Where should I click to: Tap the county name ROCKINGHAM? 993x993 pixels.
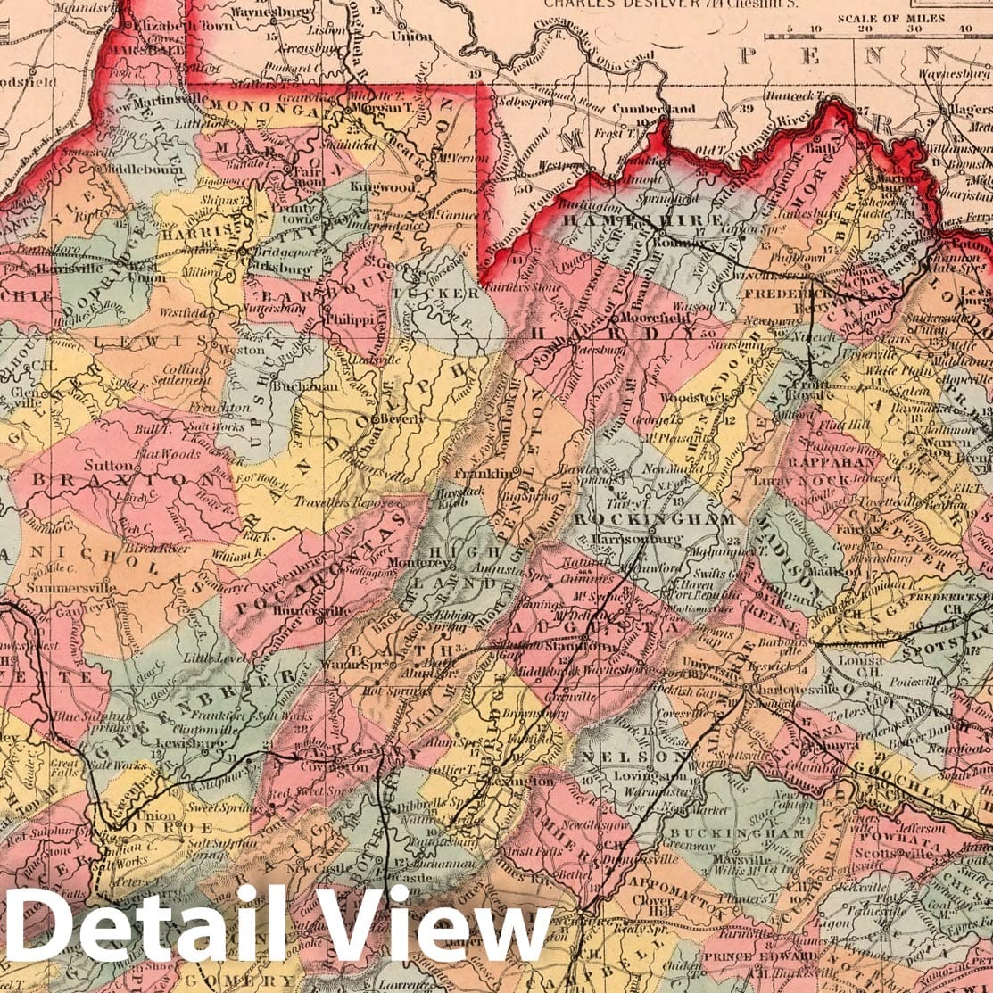tap(655, 518)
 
